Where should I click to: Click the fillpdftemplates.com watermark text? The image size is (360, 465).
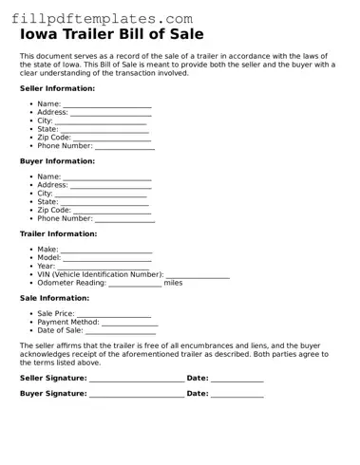(x=98, y=18)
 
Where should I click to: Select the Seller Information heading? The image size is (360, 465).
(x=57, y=88)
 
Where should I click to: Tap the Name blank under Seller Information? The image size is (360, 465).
(x=106, y=104)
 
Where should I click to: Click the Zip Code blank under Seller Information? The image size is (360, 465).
(x=112, y=139)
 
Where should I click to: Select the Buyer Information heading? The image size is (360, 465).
(x=57, y=161)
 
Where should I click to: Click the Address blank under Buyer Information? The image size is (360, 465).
(x=111, y=186)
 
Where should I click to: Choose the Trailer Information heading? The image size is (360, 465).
(x=58, y=233)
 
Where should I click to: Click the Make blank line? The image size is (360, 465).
(x=105, y=250)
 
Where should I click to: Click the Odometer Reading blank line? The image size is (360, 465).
(x=135, y=284)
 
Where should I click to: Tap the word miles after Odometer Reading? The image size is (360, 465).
(x=173, y=283)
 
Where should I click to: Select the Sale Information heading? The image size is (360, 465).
(x=54, y=298)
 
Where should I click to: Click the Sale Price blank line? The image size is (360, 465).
(x=114, y=314)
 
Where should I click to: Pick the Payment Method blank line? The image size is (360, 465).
(x=129, y=323)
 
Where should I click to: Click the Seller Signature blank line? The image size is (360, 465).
(x=136, y=380)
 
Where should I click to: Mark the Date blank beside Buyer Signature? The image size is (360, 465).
(x=237, y=394)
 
